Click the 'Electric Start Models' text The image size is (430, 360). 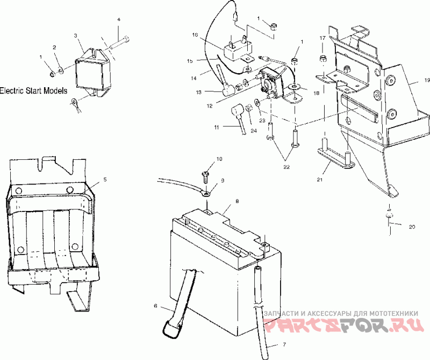[x=33, y=90]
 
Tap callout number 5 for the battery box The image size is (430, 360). [x=105, y=180]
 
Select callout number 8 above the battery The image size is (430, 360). [x=237, y=201]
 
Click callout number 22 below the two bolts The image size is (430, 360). [x=286, y=167]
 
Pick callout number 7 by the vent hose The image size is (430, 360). [x=284, y=344]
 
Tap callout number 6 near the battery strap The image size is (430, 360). [x=155, y=306]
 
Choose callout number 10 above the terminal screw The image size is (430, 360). [x=219, y=159]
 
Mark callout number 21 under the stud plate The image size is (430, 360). [x=319, y=180]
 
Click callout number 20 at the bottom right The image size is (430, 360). [x=412, y=227]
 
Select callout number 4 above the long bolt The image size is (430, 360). [x=119, y=19]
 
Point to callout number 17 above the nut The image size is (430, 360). [x=322, y=38]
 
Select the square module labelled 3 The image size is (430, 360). [x=92, y=72]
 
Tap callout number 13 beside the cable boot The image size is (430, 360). [x=199, y=93]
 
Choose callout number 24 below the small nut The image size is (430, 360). [x=254, y=131]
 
